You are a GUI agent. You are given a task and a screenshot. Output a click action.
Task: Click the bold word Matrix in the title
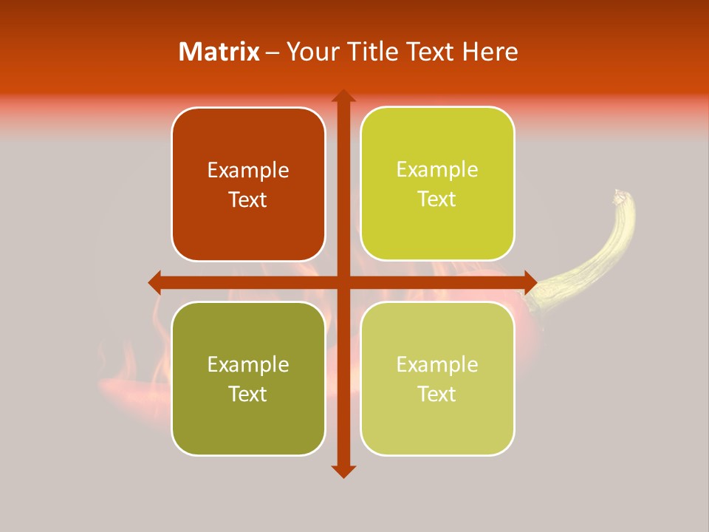tap(219, 52)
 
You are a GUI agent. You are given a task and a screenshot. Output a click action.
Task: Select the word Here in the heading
tap(490, 52)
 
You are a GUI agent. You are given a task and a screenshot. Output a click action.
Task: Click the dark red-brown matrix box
tap(248, 185)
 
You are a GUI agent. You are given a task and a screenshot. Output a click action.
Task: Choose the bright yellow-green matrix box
tap(437, 184)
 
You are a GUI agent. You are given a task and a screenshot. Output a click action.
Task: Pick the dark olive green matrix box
tap(248, 378)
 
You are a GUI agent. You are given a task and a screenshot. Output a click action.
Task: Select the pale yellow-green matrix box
tap(437, 378)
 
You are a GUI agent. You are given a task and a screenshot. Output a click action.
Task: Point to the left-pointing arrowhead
tap(155, 282)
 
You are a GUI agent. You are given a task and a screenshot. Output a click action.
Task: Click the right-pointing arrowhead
tap(530, 282)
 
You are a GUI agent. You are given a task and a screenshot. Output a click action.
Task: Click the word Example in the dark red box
tap(248, 171)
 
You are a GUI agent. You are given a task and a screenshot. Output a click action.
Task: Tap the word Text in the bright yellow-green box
tap(437, 199)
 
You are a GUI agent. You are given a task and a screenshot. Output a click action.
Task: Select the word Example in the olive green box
tap(248, 364)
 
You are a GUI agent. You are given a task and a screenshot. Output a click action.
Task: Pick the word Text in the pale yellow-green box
tap(437, 394)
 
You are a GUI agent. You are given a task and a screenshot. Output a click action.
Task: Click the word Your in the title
tap(309, 52)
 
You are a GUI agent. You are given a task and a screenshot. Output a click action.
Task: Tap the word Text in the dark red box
tap(248, 200)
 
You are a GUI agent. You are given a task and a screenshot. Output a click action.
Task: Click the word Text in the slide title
tap(428, 52)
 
